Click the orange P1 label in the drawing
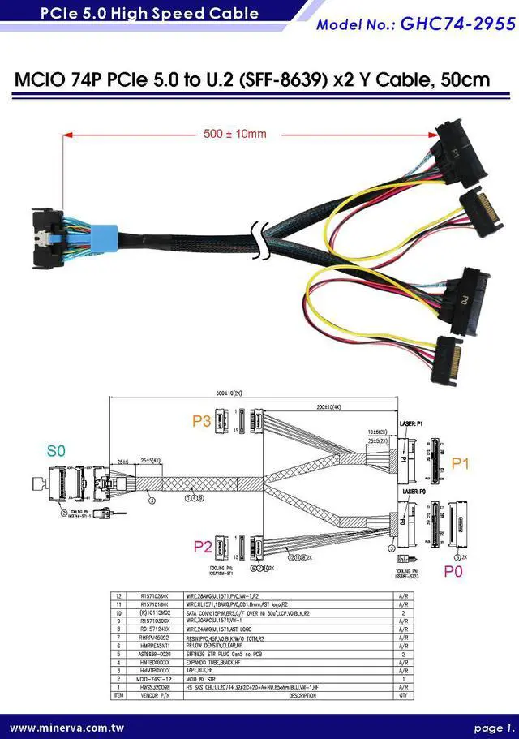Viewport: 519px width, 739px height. (461, 463)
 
